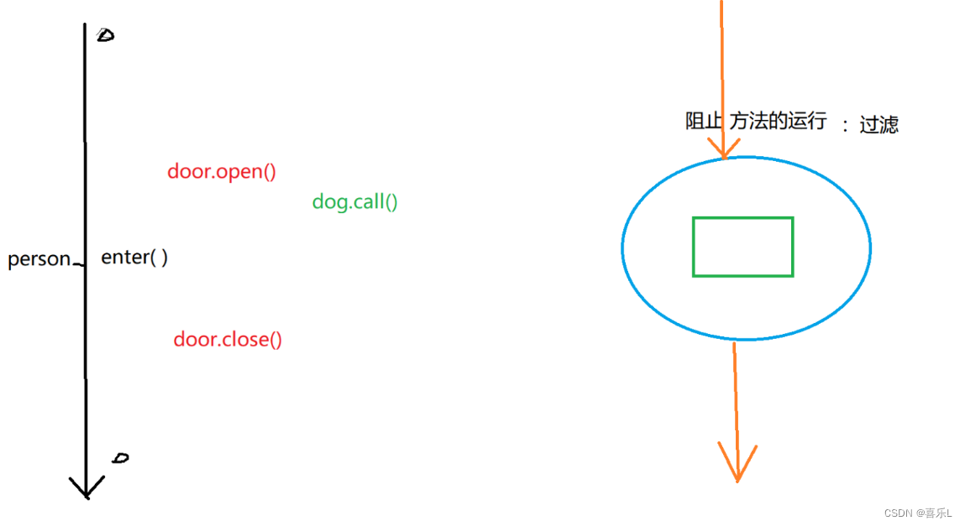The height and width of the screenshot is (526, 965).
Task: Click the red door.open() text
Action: click(x=222, y=172)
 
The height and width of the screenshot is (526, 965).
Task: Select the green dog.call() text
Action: click(x=354, y=201)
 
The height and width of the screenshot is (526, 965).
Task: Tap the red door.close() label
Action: click(x=228, y=340)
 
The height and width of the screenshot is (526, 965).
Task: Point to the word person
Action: click(x=39, y=259)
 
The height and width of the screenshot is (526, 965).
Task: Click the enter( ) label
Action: click(x=134, y=258)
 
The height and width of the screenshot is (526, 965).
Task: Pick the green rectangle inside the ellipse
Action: click(x=742, y=247)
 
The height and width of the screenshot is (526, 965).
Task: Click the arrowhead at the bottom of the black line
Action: click(x=87, y=487)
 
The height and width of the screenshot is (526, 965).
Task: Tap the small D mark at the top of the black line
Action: click(x=105, y=35)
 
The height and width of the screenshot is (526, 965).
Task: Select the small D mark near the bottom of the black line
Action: click(x=121, y=458)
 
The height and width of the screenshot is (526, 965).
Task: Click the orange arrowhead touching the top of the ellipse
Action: click(x=722, y=149)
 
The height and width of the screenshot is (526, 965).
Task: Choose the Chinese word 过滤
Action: click(x=878, y=125)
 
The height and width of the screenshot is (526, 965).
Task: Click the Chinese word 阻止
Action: click(x=704, y=121)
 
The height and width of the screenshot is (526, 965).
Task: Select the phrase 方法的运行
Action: click(x=778, y=121)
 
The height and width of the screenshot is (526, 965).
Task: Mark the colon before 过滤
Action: click(x=845, y=125)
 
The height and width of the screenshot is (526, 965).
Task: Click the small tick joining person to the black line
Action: click(x=78, y=263)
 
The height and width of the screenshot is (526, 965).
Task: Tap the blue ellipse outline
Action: click(x=622, y=247)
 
